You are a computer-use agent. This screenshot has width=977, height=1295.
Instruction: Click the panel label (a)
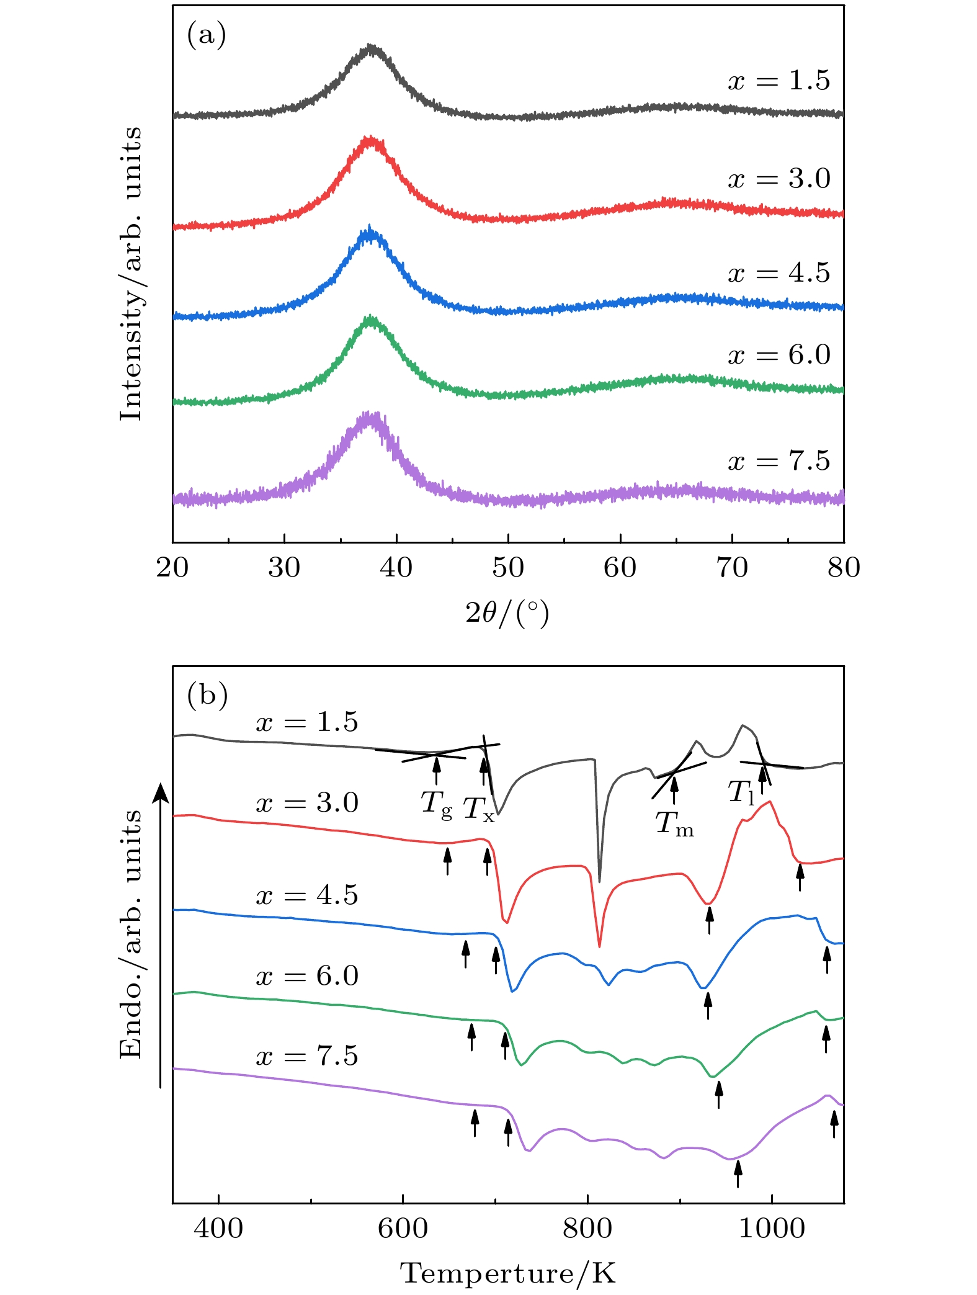tap(206, 35)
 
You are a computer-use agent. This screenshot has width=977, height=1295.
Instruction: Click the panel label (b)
tap(207, 695)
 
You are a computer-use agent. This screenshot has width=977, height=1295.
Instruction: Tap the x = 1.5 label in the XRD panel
tap(778, 81)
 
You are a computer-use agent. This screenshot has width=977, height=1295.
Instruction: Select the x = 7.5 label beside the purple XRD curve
tap(778, 461)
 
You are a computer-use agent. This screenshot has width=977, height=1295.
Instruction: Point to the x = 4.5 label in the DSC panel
tap(307, 895)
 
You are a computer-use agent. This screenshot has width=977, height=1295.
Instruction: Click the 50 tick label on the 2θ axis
tap(508, 568)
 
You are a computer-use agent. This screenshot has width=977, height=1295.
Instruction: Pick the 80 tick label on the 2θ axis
tap(844, 568)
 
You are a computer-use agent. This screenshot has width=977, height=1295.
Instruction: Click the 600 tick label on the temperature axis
tap(403, 1228)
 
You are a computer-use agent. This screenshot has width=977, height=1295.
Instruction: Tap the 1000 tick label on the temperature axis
tap(772, 1228)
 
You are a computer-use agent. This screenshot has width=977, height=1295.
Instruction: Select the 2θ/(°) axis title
tap(507, 614)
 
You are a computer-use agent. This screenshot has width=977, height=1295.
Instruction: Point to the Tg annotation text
tap(436, 804)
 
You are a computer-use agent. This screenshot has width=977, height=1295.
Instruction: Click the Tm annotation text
tap(674, 825)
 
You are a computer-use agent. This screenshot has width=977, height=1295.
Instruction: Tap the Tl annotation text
tap(742, 792)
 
